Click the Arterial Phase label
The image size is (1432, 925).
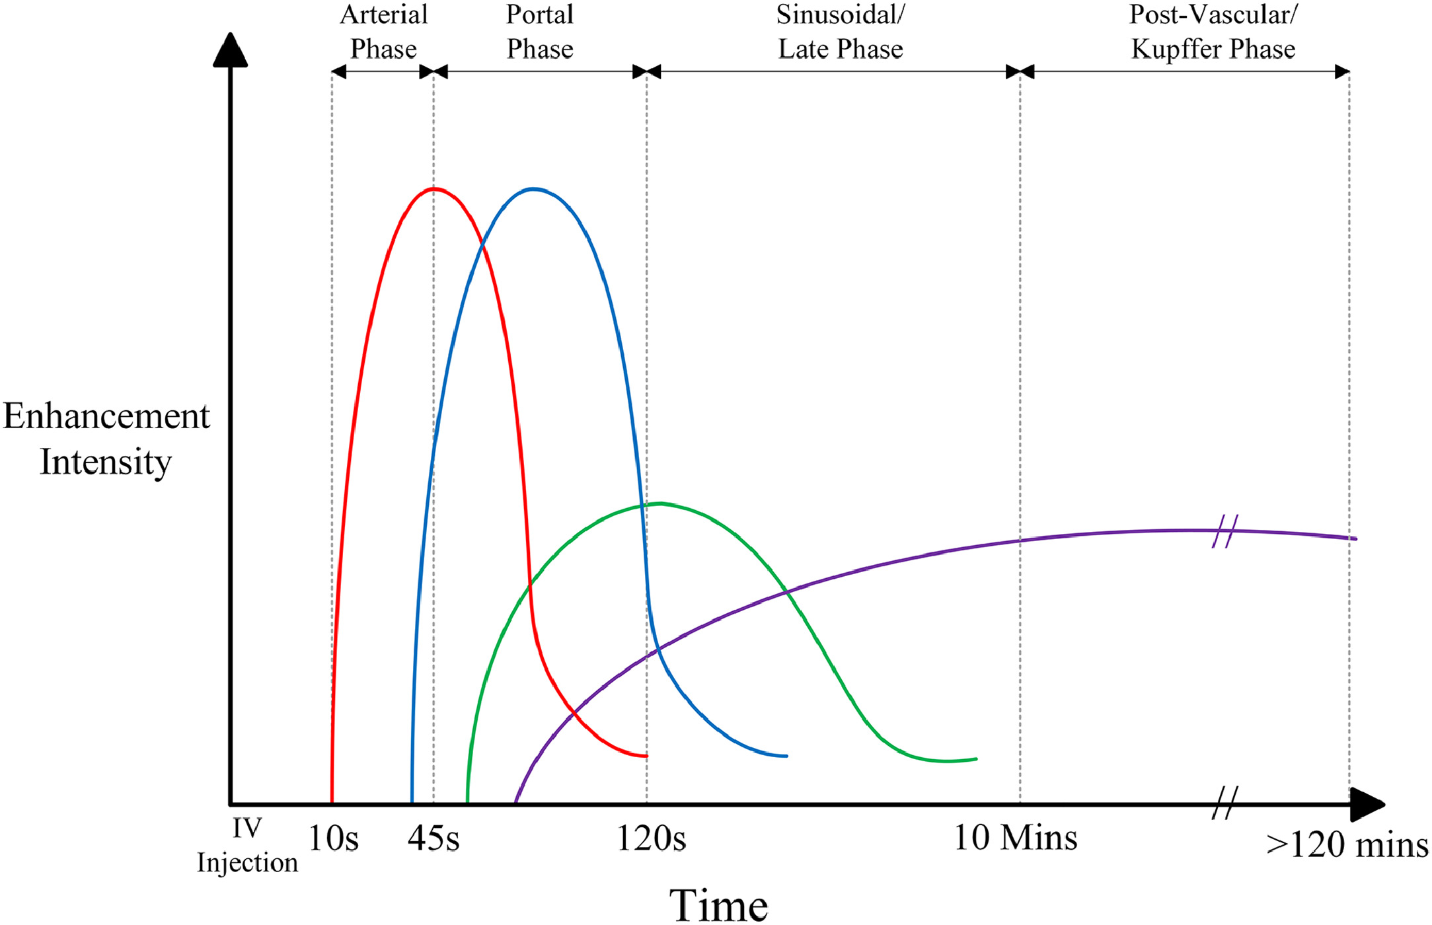tap(383, 32)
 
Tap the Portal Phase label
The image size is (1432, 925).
tap(540, 32)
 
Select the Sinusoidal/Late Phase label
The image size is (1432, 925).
tap(840, 32)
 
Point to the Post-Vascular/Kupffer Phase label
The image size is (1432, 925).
tap(1213, 32)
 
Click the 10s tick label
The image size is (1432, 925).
tap(334, 838)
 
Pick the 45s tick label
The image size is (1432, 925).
tap(433, 838)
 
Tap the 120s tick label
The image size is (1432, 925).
tap(651, 838)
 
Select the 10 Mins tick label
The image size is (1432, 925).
tap(1015, 837)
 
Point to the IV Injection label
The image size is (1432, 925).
tap(247, 846)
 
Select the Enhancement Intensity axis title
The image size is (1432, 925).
tap(106, 439)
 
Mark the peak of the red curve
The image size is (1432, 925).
tap(433, 189)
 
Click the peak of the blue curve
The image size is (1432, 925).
tap(533, 189)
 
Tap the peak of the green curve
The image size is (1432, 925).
tap(660, 503)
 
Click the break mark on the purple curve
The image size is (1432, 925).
tap(1225, 531)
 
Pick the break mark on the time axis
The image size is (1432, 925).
tap(1225, 803)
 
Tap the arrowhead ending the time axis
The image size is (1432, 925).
tap(1367, 804)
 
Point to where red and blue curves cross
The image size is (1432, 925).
tap(483, 246)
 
